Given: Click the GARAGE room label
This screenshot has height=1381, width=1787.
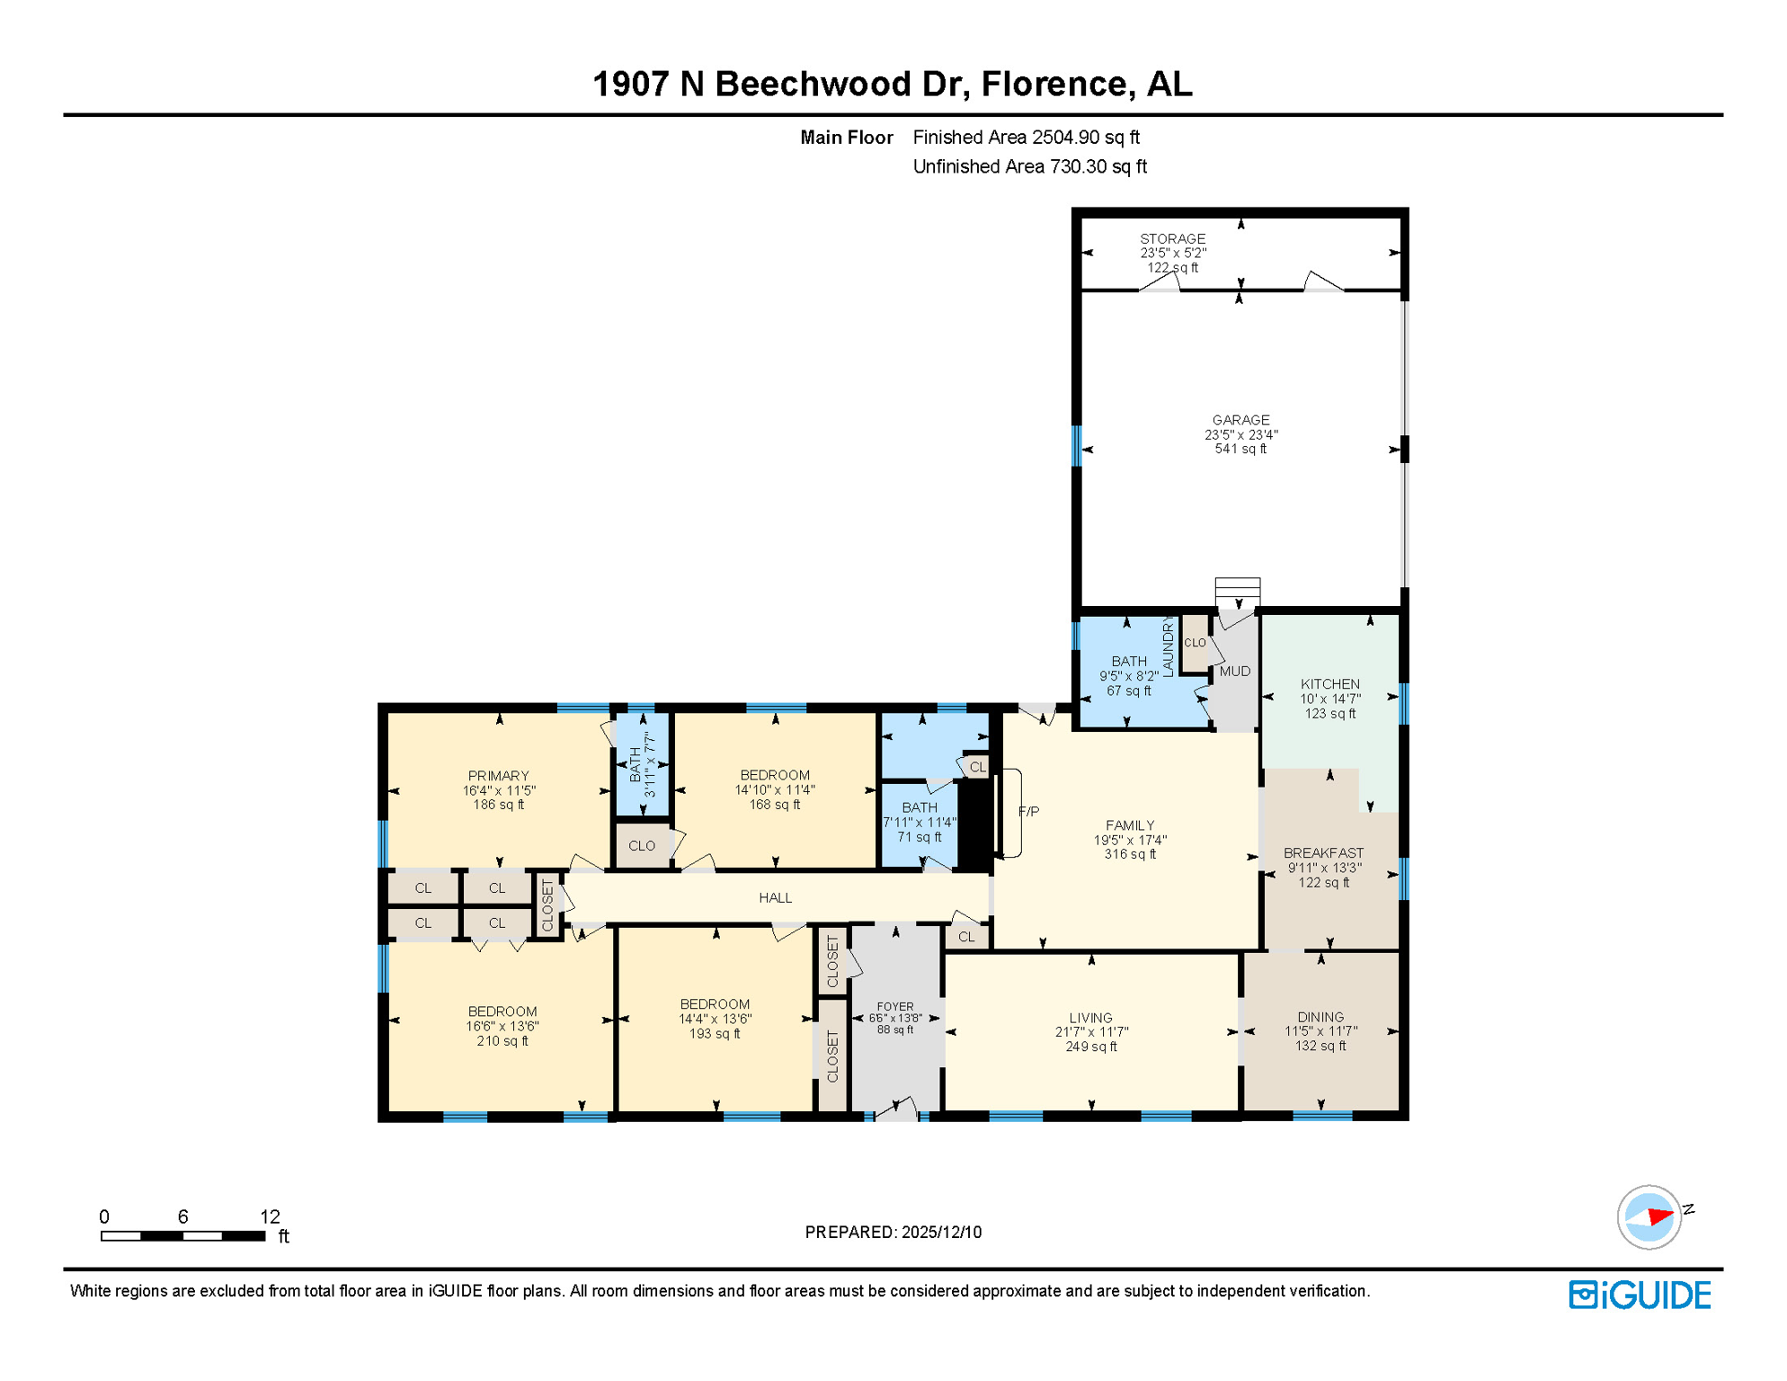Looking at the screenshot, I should [x=1240, y=420].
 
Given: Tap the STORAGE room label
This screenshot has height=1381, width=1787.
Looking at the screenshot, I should [x=1172, y=239].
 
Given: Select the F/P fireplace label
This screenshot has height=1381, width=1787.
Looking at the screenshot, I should [x=1028, y=811].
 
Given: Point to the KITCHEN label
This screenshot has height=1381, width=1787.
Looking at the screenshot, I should [x=1329, y=684].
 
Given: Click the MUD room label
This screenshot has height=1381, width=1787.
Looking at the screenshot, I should [x=1234, y=671].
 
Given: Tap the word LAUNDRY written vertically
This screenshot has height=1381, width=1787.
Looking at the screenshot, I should [x=1168, y=646].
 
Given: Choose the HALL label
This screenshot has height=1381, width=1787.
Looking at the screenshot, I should [x=775, y=897].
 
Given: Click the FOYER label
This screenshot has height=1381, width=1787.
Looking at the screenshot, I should [x=894, y=1007].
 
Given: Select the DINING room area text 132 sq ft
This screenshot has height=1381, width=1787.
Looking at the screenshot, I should [x=1320, y=1046].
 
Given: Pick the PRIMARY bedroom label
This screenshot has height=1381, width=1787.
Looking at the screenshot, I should [x=498, y=775].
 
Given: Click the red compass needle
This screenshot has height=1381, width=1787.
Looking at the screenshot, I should [x=1659, y=1216].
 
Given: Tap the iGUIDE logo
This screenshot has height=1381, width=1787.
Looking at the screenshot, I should [x=1640, y=1295].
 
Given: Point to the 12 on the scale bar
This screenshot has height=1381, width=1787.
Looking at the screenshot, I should [x=270, y=1216].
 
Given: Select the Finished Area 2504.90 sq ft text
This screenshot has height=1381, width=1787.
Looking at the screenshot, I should [x=1026, y=138].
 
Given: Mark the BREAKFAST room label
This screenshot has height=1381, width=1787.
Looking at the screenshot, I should [x=1323, y=852].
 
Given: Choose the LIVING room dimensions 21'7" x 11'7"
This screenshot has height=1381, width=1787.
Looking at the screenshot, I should [x=1090, y=1032].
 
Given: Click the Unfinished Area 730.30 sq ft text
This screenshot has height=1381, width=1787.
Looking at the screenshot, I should [x=1029, y=166].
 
